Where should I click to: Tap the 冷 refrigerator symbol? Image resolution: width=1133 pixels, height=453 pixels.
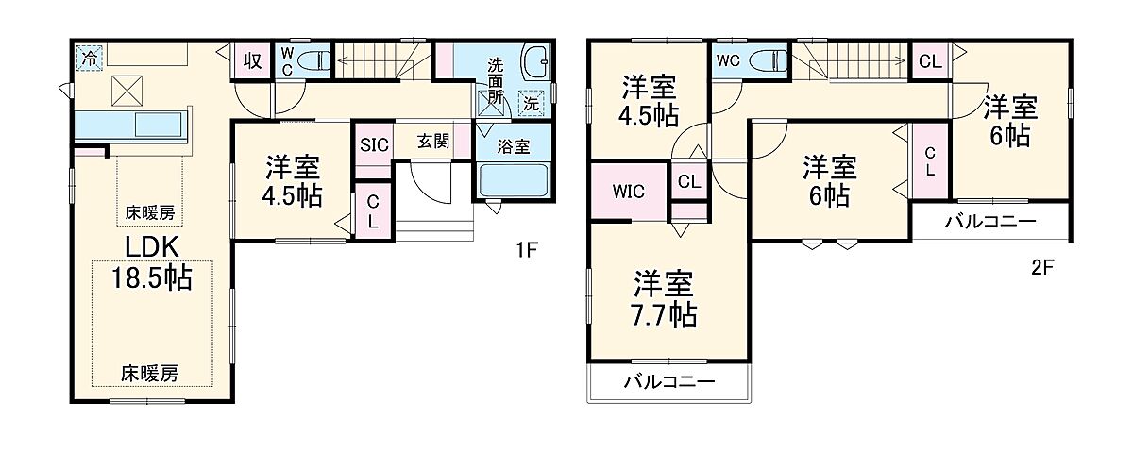pos(88,58)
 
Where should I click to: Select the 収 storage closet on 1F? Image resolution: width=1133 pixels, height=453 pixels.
pos(252,61)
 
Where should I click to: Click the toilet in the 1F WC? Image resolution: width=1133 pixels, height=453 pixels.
pos(314,61)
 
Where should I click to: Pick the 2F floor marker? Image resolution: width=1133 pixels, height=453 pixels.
pos(1041,267)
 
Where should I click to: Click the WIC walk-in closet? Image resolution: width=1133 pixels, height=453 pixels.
pos(628,191)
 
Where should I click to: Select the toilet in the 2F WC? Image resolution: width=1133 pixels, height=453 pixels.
pos(769,60)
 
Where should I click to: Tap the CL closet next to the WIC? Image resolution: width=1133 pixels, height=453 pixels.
pos(689,181)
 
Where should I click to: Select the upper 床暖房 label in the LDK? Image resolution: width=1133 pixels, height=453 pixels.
pos(150,212)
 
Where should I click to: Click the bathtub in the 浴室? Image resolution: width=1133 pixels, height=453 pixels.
pos(514,179)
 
